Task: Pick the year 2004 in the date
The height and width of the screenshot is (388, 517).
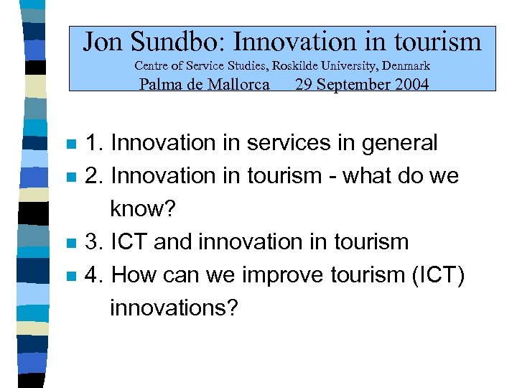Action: click(x=409, y=84)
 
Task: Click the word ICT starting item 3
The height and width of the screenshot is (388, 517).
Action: click(x=130, y=242)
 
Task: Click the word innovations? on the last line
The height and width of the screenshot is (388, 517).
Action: click(x=173, y=308)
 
